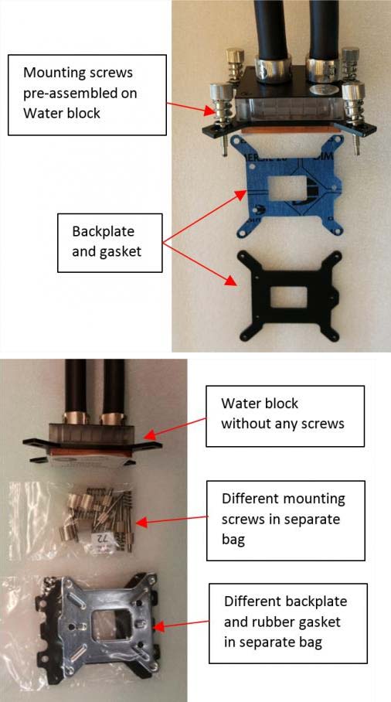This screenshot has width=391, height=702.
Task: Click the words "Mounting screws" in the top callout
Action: (x=78, y=73)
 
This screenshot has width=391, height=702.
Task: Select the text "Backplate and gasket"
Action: (x=107, y=242)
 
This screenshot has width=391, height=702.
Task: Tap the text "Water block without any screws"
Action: (x=282, y=414)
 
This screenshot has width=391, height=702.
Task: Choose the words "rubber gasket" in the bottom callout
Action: (x=282, y=622)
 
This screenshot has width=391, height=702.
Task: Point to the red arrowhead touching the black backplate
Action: (x=231, y=281)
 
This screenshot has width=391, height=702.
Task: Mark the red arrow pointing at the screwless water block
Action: (x=176, y=426)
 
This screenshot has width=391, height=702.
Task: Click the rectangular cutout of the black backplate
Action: (x=288, y=298)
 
